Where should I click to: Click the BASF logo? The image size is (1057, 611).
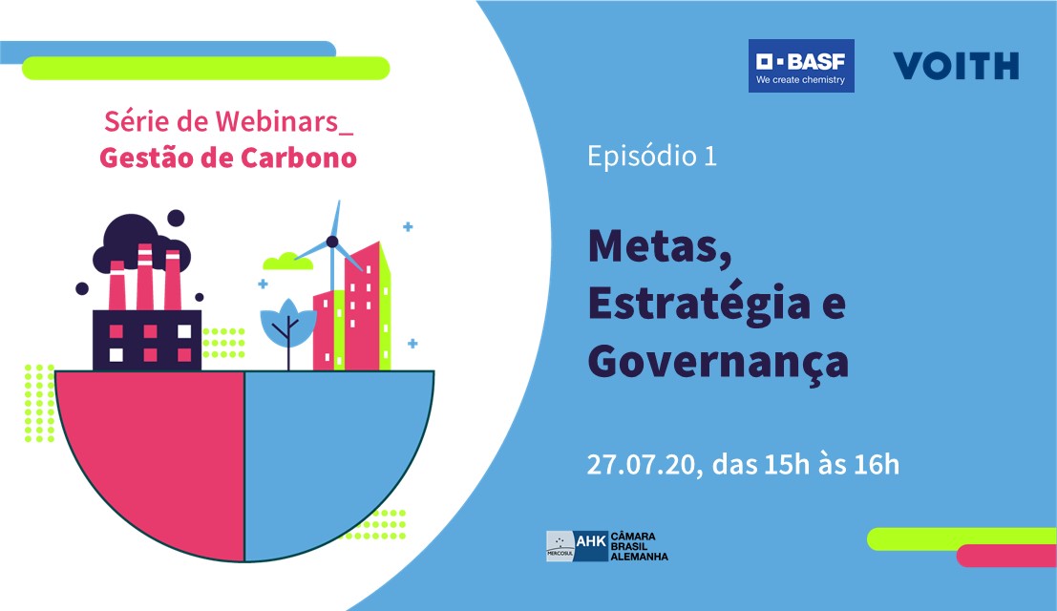801,66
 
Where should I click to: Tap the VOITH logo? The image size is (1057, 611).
956,66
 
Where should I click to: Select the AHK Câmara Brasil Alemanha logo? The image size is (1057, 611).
606,546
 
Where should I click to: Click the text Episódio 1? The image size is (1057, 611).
652,156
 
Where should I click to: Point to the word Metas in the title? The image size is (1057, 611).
660,248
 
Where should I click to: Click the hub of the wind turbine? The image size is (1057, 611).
331,242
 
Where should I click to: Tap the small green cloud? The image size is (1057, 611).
287,262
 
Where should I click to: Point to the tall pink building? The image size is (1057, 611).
363,306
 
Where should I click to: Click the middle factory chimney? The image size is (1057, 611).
145,277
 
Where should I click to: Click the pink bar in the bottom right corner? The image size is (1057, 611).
1006,556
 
